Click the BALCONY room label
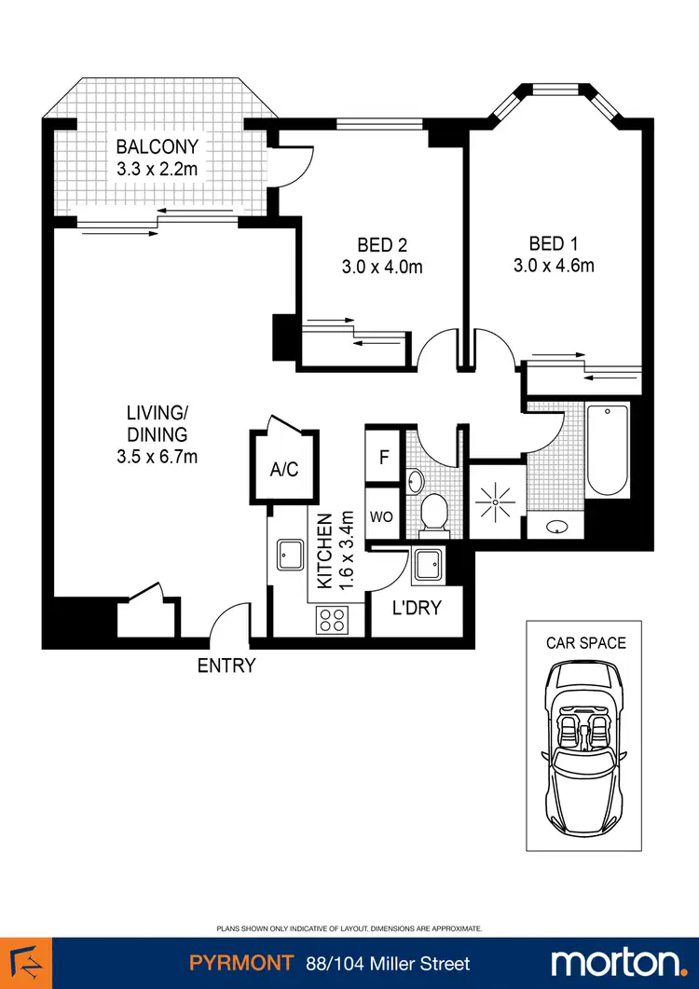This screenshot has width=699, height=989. point(157,146)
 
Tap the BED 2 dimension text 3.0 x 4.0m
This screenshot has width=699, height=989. point(382,267)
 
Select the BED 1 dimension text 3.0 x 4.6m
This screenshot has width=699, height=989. point(554,266)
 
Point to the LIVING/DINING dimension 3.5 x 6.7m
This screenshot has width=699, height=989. point(158,456)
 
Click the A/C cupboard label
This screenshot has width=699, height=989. point(284,470)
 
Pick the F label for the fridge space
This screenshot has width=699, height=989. point(383,458)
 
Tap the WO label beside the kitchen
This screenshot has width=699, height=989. point(382,515)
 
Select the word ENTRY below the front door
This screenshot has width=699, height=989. point(226,666)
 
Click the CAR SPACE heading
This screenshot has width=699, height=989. point(585,642)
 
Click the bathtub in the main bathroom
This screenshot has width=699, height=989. point(608,449)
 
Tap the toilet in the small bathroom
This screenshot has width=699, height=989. point(433,515)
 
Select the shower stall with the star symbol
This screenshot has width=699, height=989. point(495,501)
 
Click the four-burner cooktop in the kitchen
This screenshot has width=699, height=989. point(332,618)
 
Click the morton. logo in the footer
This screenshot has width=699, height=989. point(618,963)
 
